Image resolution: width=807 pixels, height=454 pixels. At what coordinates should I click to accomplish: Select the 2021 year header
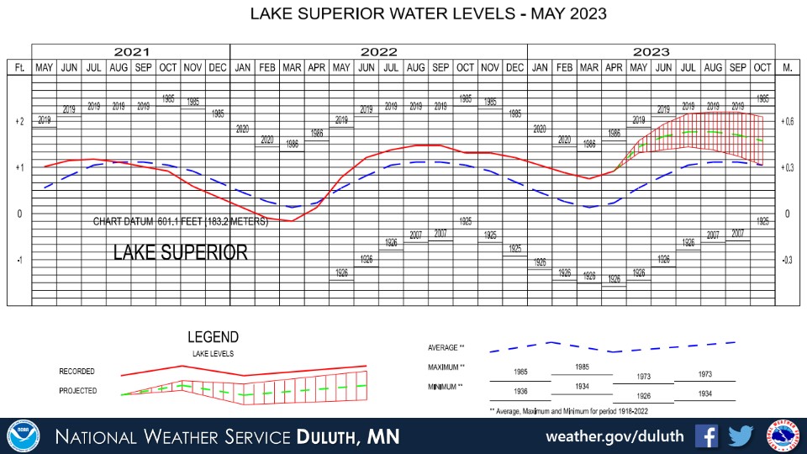coord(130,51)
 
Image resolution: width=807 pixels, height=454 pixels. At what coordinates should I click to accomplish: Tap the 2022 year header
coord(378,51)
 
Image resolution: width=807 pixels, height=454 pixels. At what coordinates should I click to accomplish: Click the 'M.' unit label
coord(788,67)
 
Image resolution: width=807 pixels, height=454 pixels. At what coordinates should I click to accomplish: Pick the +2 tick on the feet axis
coord(18,121)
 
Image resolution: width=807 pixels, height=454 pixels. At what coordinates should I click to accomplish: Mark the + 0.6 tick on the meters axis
coord(788,121)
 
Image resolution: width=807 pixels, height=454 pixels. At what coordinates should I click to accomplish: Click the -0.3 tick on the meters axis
coord(788,261)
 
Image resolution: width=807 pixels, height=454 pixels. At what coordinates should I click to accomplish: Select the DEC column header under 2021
coord(217,67)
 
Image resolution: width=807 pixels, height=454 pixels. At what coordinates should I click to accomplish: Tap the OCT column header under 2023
coord(762,67)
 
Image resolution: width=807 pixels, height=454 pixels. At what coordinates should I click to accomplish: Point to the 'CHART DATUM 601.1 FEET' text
coord(180,222)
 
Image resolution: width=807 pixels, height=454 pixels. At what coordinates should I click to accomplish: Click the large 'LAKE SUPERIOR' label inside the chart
coord(181,252)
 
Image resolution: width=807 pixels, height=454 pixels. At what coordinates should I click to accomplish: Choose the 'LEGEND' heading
coord(214,338)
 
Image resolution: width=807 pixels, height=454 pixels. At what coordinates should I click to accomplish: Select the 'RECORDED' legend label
coord(77,371)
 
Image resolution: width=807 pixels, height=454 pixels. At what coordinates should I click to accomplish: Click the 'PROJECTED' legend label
coord(77,391)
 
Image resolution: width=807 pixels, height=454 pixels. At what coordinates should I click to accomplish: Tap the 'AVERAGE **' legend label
coord(446,347)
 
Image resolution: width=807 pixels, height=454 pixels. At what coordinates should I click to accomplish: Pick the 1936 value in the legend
coord(521,391)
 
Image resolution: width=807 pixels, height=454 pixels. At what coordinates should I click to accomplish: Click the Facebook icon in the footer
coord(707,436)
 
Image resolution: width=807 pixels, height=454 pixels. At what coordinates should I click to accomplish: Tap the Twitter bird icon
coord(741,436)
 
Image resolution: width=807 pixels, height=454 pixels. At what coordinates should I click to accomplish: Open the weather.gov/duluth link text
coord(615,437)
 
